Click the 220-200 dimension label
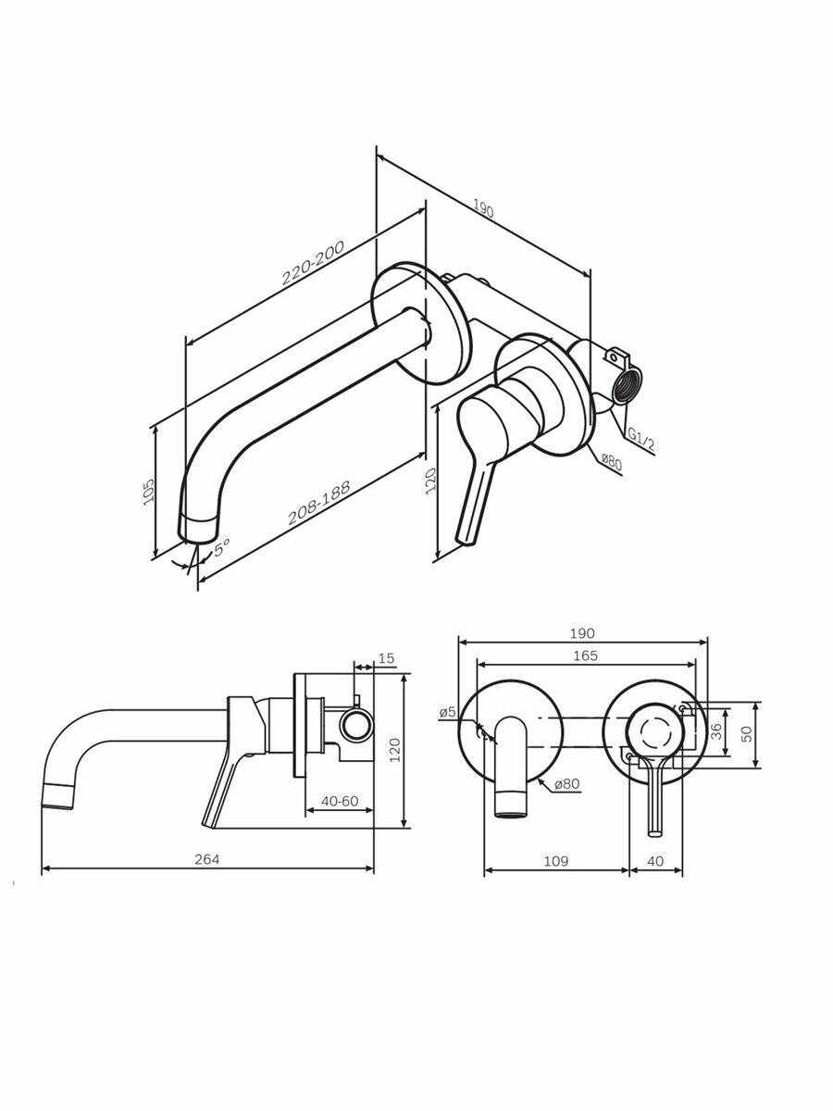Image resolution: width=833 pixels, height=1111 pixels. point(313,263)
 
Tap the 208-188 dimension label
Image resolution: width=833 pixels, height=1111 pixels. point(319,502)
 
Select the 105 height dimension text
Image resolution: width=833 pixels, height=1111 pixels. point(148,491)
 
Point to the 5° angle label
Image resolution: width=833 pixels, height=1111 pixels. point(221,548)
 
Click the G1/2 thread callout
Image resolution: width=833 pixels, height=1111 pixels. point(640,440)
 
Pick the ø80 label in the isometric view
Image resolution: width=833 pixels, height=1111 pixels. point(612,462)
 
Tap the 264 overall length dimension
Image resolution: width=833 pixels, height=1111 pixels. point(207,859)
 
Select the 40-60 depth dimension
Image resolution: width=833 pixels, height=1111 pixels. point(340,801)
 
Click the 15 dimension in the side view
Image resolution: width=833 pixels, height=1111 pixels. point(386,658)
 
